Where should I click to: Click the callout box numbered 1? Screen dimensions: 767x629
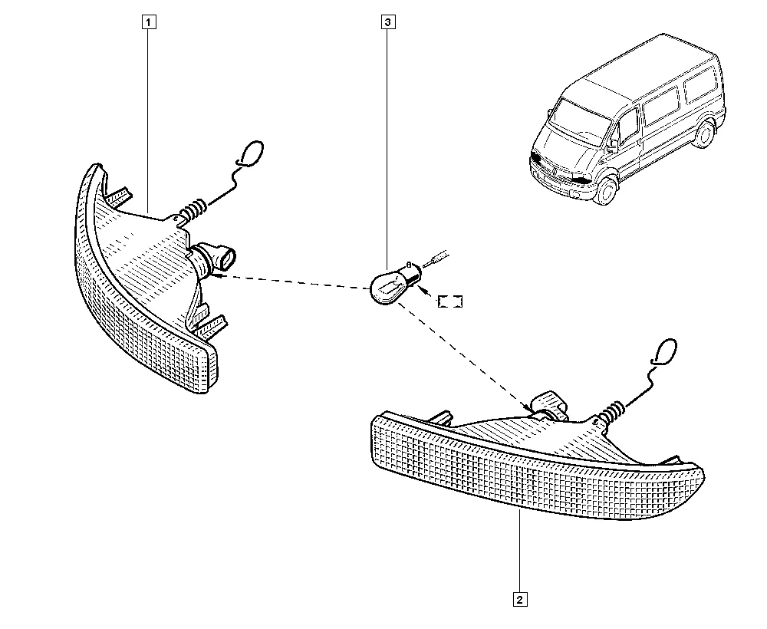coord(150,22)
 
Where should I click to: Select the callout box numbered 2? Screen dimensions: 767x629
coord(520,599)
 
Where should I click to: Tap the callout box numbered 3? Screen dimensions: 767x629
coord(388,22)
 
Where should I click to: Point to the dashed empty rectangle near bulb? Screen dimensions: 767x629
coord(450,301)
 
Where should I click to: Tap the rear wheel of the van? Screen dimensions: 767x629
coord(706,134)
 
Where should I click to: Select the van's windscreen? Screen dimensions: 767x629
coord(583,117)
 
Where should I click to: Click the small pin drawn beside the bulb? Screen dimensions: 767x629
coord(437,259)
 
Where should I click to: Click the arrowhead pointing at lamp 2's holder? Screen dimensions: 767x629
coord(528,408)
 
